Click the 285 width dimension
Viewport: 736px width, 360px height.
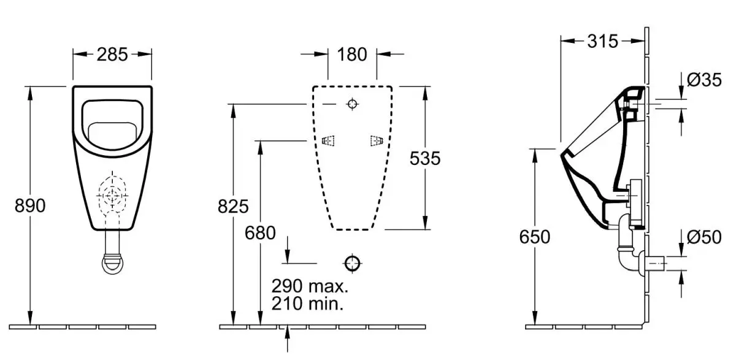point(112,55)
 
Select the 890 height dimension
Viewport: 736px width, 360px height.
point(30,206)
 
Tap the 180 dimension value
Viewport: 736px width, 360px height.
point(352,55)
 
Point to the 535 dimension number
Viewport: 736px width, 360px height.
point(425,158)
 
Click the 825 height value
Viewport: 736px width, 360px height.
point(233,207)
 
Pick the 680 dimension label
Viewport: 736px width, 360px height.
point(260,233)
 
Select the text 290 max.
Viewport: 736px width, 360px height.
point(310,286)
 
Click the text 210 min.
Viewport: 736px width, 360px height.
point(307,303)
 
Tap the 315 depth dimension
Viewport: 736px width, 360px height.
point(602,41)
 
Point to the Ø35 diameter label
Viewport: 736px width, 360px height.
point(704,80)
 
